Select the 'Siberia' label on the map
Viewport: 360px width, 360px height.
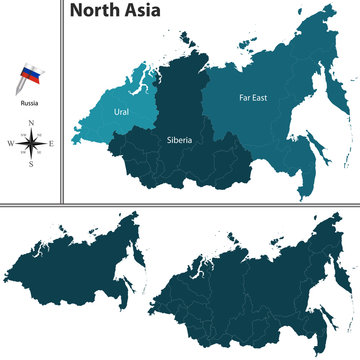[x=179, y=141]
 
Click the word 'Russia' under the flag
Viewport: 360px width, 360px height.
[x=29, y=101]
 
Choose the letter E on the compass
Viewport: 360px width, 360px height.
[x=52, y=145]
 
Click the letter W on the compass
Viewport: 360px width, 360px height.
[x=9, y=145]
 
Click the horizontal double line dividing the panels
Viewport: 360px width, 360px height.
[x=180, y=203]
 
